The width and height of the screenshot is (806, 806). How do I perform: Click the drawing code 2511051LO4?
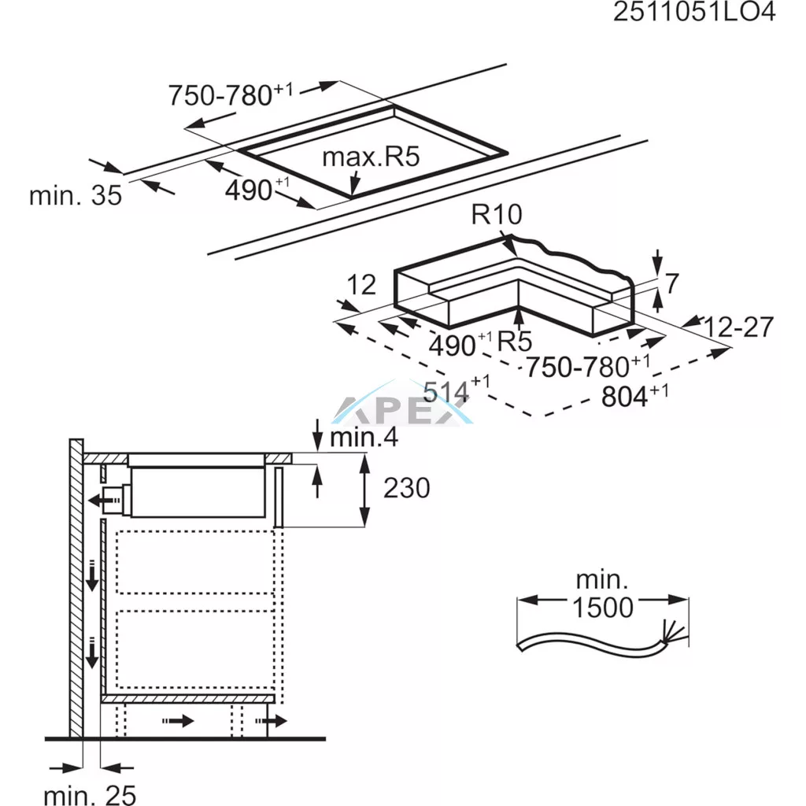click(694, 13)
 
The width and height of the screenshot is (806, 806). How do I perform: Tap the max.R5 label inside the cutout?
click(371, 157)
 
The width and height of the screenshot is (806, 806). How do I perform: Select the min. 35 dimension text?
click(76, 195)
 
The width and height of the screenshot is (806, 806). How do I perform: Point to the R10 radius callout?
click(497, 214)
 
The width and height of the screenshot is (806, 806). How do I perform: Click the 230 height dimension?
click(407, 488)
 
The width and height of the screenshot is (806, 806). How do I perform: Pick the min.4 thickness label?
click(364, 437)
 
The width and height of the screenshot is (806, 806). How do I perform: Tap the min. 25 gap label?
click(90, 795)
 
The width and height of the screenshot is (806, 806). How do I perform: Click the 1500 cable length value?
click(602, 608)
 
